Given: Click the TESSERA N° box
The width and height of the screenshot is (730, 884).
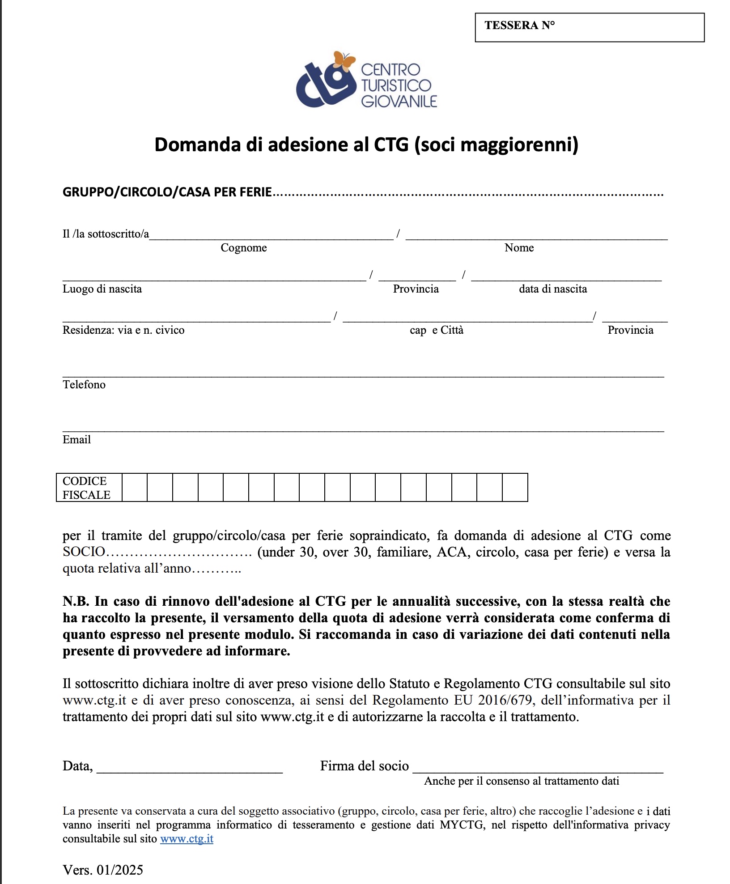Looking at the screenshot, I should click(x=589, y=27).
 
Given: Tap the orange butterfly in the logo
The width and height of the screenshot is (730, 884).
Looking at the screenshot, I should click(x=344, y=61).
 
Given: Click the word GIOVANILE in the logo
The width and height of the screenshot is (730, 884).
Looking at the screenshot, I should click(x=399, y=102).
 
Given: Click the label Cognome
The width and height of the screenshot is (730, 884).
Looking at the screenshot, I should click(x=243, y=248).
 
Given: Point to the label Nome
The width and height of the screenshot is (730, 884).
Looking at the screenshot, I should click(x=519, y=248).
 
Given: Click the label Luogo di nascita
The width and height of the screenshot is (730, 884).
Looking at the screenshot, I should click(x=102, y=289).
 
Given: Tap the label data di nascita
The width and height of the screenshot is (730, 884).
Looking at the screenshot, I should click(x=552, y=289).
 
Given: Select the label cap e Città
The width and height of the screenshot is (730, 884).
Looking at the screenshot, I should click(x=436, y=330).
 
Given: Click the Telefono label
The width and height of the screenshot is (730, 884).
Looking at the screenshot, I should click(x=84, y=385).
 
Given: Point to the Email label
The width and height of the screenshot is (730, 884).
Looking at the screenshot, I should click(x=76, y=440).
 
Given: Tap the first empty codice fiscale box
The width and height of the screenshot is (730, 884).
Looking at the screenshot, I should click(x=135, y=488).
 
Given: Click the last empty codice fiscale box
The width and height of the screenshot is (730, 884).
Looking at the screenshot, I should click(x=515, y=488).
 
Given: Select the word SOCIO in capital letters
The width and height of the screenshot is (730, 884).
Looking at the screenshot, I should click(x=84, y=552).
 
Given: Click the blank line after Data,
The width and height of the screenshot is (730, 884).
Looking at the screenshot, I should click(x=190, y=768).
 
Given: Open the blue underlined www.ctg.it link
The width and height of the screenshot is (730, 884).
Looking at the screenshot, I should click(x=187, y=839).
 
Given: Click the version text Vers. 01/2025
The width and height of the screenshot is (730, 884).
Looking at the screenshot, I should click(x=103, y=870).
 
